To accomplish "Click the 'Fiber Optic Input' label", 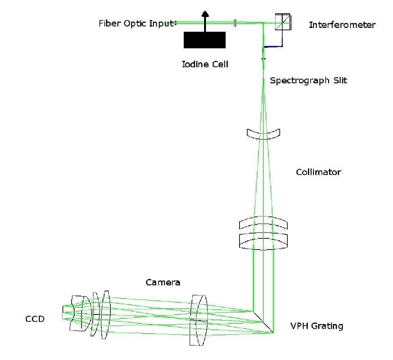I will [x=137, y=24].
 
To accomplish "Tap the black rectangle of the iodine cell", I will [x=205, y=40].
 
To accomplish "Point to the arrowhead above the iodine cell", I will [x=205, y=15].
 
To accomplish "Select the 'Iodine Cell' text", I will [x=205, y=64].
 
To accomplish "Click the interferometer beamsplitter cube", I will [x=283, y=22].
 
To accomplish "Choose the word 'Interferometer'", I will [x=342, y=25].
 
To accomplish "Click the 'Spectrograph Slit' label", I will [x=308, y=81].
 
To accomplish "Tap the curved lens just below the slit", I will [x=264, y=134].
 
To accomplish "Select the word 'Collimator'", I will [x=318, y=172].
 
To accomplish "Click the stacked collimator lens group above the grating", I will [x=263, y=233].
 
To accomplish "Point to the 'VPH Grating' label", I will [x=316, y=326].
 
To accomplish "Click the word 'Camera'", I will [x=163, y=282].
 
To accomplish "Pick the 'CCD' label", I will [x=35, y=319].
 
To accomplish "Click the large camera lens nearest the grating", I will [x=198, y=320].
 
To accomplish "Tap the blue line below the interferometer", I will [x=274, y=46].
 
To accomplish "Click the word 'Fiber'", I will [x=108, y=24].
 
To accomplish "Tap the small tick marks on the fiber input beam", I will [x=235, y=22].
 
